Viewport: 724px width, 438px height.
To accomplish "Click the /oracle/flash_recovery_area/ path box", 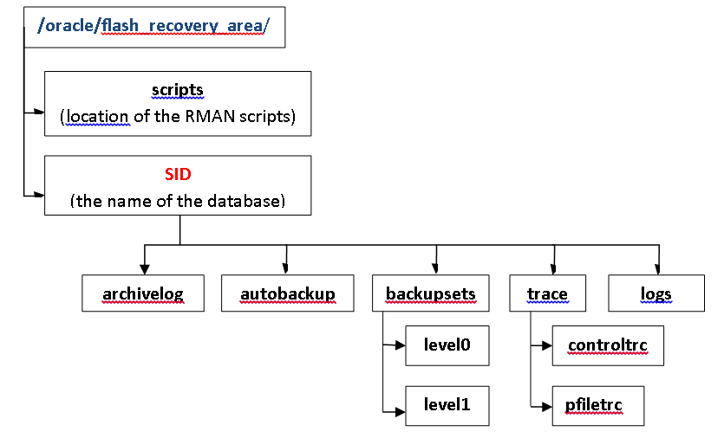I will click(153, 26).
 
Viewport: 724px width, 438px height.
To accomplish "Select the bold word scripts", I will click(177, 90).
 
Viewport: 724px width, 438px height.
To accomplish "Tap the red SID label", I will click(178, 174).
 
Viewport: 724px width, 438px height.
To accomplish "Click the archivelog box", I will click(143, 293).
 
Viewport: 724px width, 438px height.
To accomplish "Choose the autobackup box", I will click(288, 293).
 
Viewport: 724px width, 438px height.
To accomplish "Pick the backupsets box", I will click(431, 293).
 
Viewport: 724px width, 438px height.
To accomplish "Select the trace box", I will click(547, 293).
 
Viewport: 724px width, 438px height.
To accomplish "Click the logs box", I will click(656, 293).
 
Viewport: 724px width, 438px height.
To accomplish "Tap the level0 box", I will click(447, 345).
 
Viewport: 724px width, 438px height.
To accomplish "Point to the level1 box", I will click(447, 403).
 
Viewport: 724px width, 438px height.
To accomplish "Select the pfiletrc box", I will click(598, 404).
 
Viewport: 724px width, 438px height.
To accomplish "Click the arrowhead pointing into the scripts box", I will click(38, 112).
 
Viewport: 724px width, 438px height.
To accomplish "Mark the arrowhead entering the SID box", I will click(38, 195).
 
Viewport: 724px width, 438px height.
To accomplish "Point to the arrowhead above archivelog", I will click(144, 269).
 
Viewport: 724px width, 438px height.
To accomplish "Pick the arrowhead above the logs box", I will click(659, 269).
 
